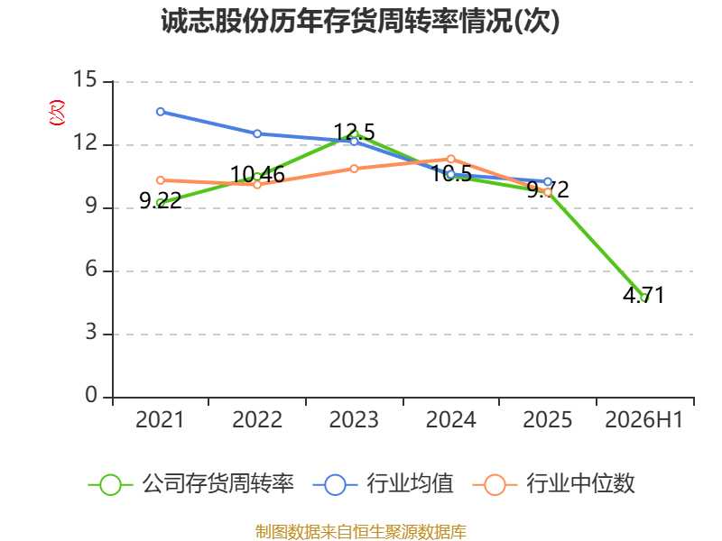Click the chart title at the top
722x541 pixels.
point(360,21)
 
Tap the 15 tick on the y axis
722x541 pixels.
point(85,79)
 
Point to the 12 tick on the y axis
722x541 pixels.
point(85,142)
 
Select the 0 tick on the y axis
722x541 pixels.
point(91,395)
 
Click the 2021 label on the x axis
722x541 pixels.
point(160,419)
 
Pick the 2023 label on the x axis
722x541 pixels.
point(354,419)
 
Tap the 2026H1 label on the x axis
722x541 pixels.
point(643,419)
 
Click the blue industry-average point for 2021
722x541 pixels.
point(161,112)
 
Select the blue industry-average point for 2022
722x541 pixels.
point(257,133)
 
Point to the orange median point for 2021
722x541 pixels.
point(161,180)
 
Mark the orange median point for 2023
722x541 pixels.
point(354,169)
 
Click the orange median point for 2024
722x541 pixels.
point(450,160)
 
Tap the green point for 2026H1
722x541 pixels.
point(644,298)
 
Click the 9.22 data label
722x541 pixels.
point(161,200)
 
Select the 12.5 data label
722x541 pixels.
point(354,132)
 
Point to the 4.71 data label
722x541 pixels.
point(643,295)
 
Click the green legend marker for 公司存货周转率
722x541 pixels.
point(110,485)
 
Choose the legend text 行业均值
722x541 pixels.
point(410,483)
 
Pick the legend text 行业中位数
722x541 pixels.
point(580,483)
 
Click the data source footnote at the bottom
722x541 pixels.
point(360,532)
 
